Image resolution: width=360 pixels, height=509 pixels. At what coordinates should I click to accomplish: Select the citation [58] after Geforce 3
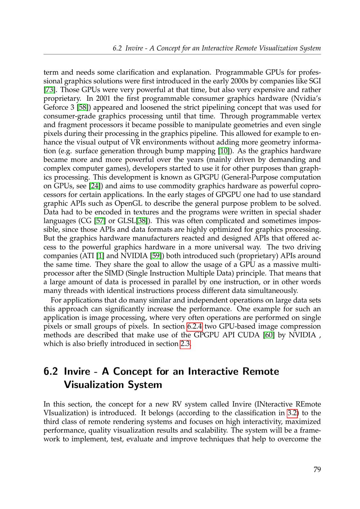pos(83,107)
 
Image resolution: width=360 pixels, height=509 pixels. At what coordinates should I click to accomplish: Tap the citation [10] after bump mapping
pos(224,151)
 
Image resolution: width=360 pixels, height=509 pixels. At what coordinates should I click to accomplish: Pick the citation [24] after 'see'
pos(94,186)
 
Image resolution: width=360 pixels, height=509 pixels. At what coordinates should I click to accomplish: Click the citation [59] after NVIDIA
pos(156,256)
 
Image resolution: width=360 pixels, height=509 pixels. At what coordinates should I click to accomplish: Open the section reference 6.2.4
pos(195,326)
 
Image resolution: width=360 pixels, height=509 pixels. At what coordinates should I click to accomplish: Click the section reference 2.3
pos(185,344)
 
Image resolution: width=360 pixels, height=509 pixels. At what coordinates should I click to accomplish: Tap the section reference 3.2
pos(292,413)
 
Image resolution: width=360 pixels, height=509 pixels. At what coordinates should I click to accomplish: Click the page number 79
pos(317,469)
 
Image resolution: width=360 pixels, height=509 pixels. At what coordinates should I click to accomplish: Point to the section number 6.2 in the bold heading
pos(51,371)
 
